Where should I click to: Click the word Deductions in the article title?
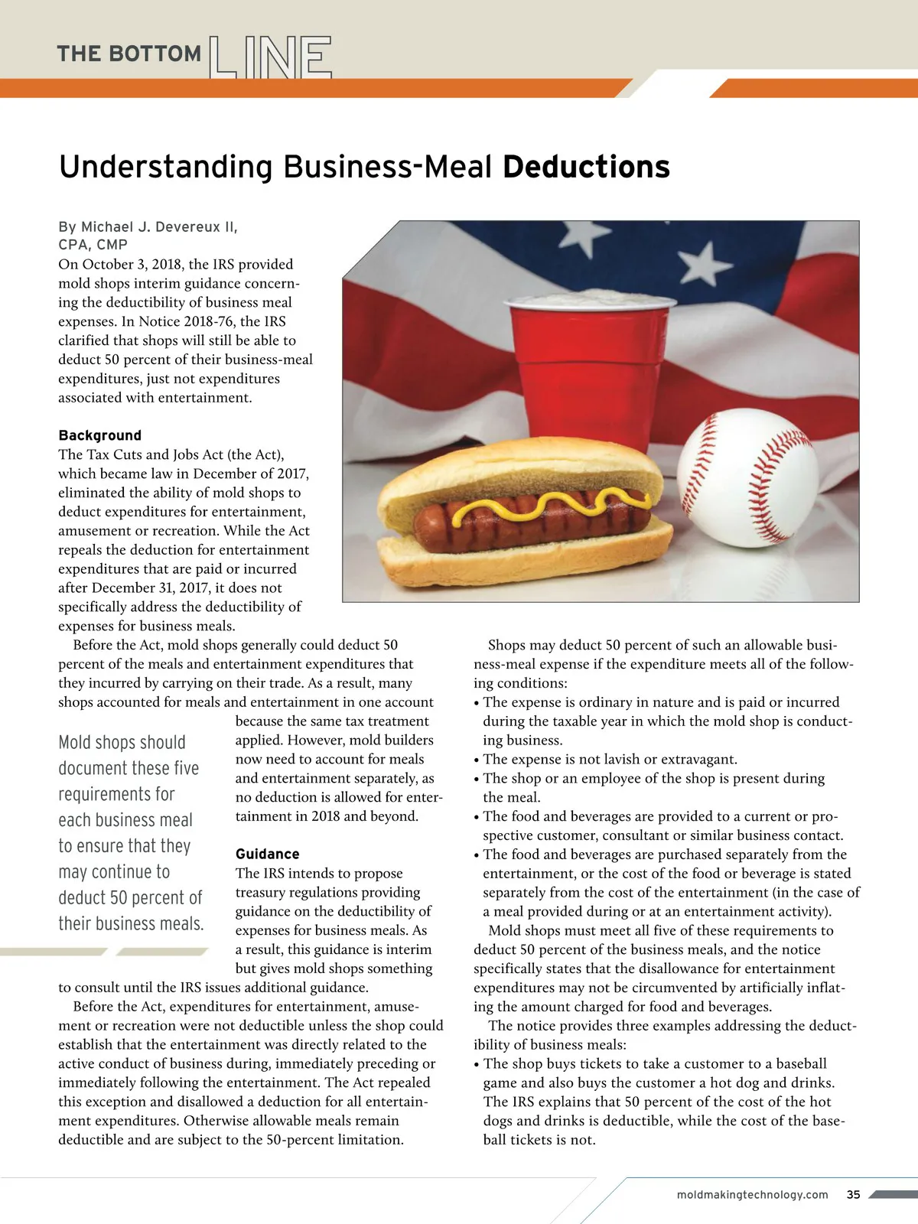(586, 167)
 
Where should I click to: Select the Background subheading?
(99, 435)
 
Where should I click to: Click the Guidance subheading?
(267, 854)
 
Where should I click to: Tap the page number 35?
(853, 1195)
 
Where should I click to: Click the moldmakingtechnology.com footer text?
(752, 1195)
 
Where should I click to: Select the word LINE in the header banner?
(269, 57)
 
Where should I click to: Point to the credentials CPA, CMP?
(93, 245)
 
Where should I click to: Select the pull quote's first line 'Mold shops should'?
(122, 742)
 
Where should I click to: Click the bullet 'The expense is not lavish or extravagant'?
(610, 759)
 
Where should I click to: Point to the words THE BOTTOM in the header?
(129, 54)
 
